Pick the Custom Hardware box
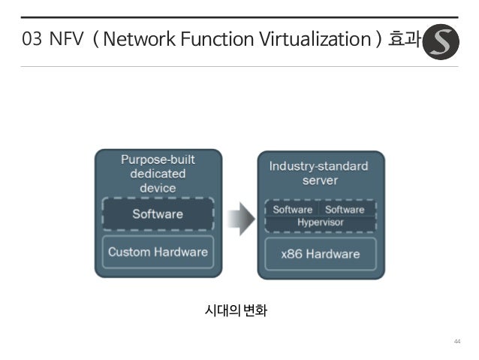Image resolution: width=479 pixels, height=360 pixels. tap(158, 252)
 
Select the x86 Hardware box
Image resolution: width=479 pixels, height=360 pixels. tap(321, 254)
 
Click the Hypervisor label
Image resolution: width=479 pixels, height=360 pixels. tap(321, 223)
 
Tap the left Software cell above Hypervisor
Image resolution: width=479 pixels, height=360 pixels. tap(293, 210)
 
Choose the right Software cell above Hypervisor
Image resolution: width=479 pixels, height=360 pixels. tap(345, 210)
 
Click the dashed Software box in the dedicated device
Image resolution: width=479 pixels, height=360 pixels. tap(158, 213)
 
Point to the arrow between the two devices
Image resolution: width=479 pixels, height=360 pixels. tap(239, 217)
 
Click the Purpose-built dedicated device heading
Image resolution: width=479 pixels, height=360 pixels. tap(158, 174)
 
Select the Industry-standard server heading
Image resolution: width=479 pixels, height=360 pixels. tap(321, 173)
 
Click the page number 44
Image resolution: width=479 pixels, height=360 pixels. tap(456, 342)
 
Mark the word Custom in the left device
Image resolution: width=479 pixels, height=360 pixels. tap(130, 252)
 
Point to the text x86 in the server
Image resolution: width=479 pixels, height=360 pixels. tap(292, 254)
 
